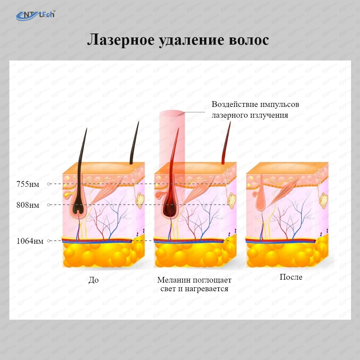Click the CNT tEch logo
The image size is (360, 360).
(x=36, y=15)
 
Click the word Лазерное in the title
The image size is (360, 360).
(x=121, y=40)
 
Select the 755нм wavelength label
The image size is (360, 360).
(x=28, y=184)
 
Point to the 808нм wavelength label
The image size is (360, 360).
(x=28, y=205)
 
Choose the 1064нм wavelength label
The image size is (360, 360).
(x=30, y=241)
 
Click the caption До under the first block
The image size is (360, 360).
(x=94, y=280)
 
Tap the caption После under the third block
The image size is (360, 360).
(x=291, y=277)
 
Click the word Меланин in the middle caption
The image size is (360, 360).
(x=174, y=280)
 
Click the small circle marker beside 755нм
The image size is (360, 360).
(x=49, y=184)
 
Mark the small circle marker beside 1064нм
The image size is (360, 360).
(x=49, y=240)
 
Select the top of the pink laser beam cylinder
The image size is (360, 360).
(x=172, y=113)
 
